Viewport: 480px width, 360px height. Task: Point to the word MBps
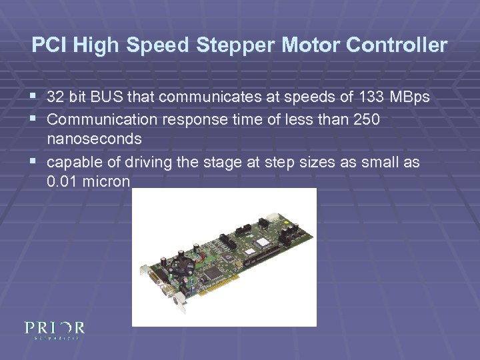[x=409, y=98]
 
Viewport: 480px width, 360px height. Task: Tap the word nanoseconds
[x=94, y=139]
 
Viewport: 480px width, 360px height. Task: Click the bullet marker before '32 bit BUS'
[x=35, y=98]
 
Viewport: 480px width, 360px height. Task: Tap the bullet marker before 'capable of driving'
[x=35, y=162]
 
